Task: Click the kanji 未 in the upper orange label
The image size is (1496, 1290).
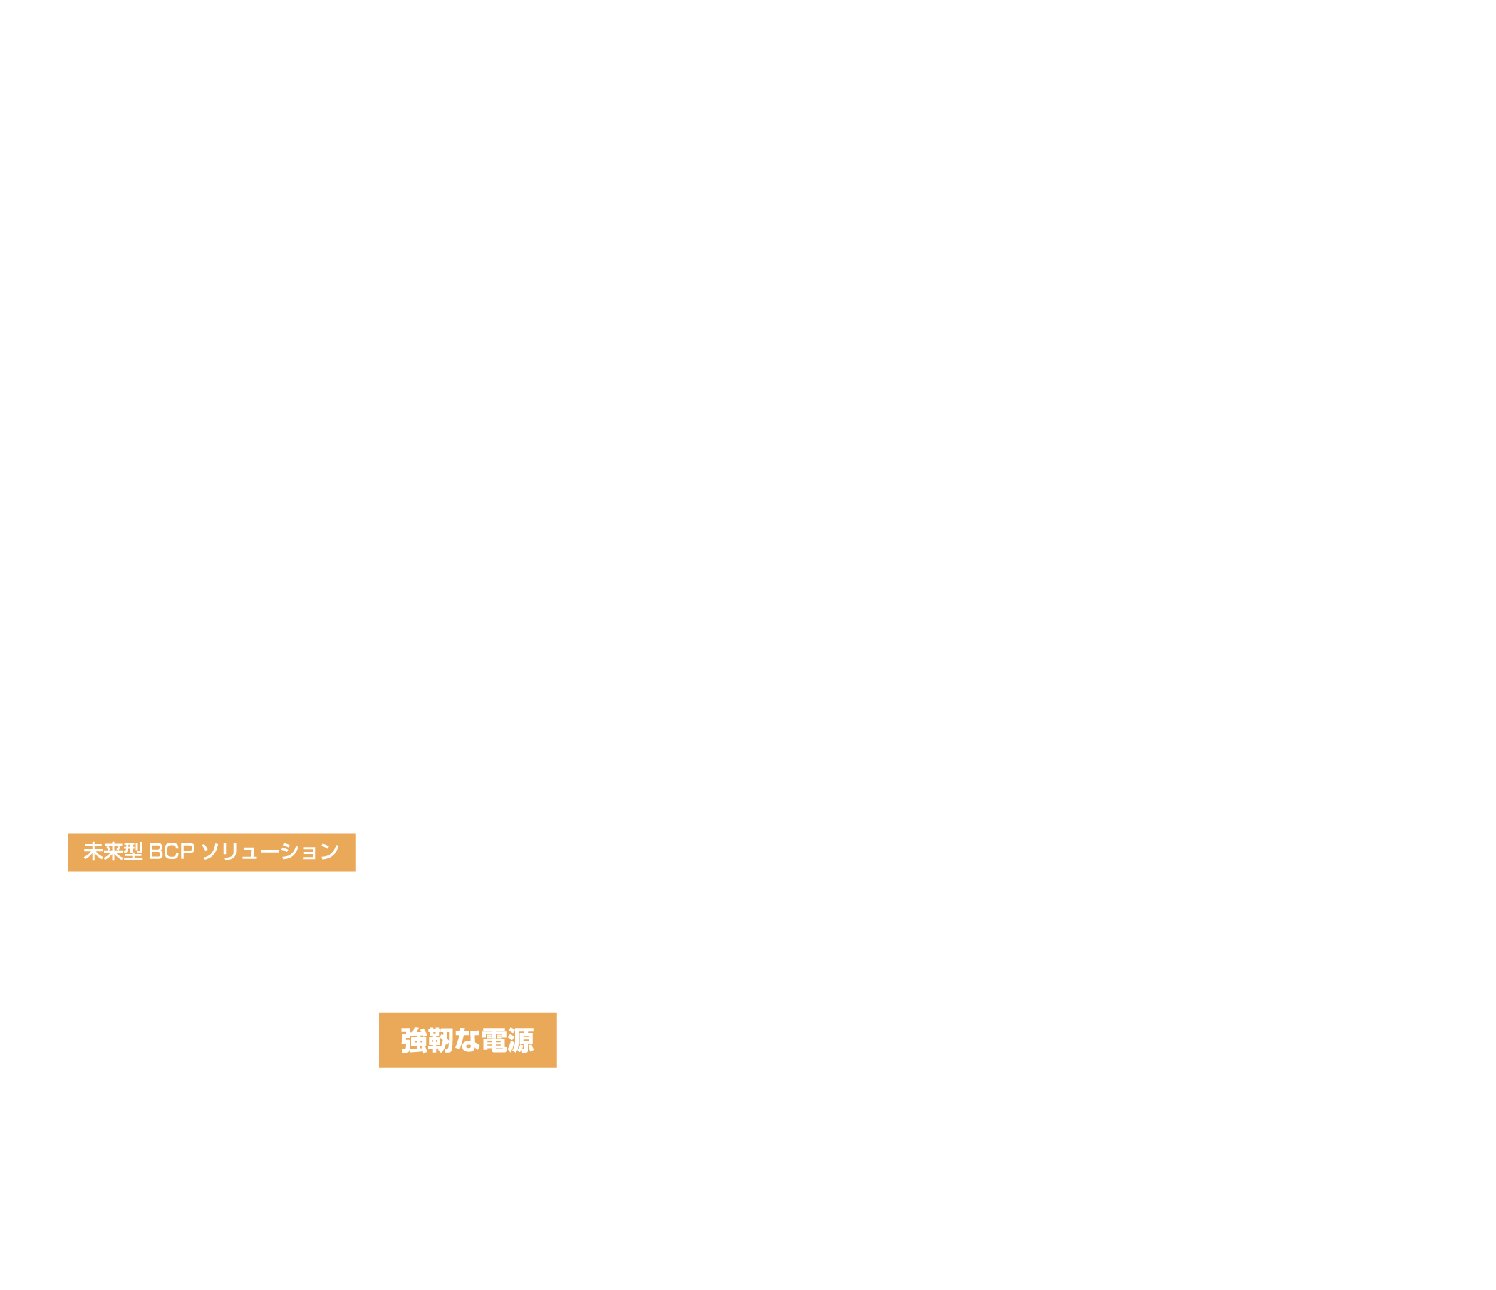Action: (93, 852)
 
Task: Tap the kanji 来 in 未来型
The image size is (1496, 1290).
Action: (113, 852)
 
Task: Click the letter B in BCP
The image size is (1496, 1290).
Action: (156, 852)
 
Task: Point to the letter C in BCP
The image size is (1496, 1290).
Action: (172, 852)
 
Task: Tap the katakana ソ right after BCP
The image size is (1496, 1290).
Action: (210, 852)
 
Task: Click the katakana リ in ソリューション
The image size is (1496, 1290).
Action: (229, 852)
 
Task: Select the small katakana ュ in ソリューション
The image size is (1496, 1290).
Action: (250, 854)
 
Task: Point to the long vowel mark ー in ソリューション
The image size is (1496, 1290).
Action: (269, 852)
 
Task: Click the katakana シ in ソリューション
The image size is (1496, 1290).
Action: (289, 852)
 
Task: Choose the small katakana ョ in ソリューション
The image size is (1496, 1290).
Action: (309, 854)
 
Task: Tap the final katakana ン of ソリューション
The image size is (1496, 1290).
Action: (330, 852)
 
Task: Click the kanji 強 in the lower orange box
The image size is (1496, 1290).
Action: (415, 1040)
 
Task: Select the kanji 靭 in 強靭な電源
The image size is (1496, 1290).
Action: (440, 1040)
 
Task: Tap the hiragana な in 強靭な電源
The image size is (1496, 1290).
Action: (467, 1040)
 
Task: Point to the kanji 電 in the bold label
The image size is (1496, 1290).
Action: (494, 1040)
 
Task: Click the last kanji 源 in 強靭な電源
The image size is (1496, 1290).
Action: (521, 1040)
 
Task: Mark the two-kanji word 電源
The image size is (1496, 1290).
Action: (507, 1040)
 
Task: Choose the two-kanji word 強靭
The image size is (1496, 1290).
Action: (427, 1040)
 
